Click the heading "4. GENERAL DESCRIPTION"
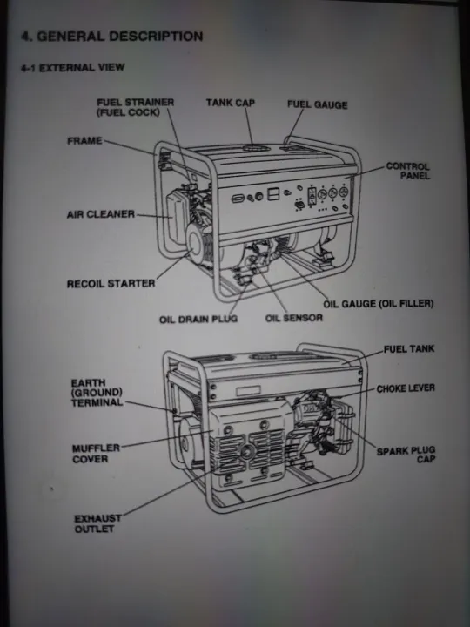coord(111,37)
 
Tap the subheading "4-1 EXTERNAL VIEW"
coord(73,67)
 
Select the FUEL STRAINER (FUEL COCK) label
coord(135,108)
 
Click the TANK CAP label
coord(231,104)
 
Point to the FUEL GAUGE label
coord(317,105)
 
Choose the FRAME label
coord(84,141)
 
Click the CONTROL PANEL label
coord(408,171)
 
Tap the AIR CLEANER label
coord(100,214)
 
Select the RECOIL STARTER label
coord(111,284)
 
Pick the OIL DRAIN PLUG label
coord(198,319)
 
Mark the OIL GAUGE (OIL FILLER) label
coord(378,304)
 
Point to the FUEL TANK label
coord(409,349)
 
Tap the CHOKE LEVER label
coord(405,388)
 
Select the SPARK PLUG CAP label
coord(406,455)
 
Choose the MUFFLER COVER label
coord(90,454)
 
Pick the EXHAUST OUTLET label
coord(97,523)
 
